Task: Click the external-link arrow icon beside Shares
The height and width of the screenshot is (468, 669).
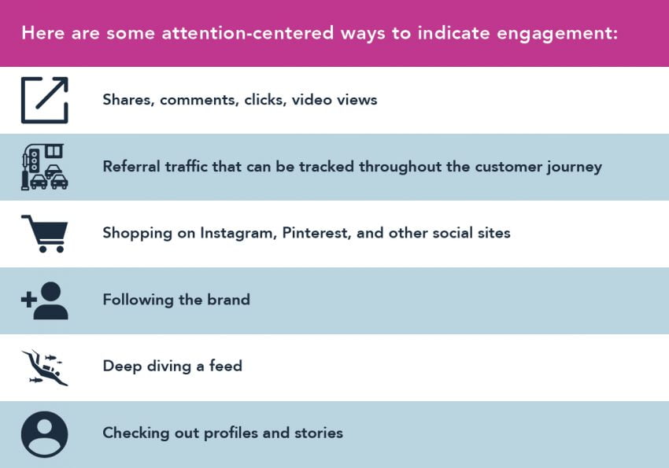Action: pos(44,100)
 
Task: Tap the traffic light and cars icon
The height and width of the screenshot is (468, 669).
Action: pos(44,167)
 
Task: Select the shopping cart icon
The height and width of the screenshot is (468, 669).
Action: pos(44,234)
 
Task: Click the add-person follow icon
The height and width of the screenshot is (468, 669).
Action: pos(44,300)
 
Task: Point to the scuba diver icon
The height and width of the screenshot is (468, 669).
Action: pos(44,367)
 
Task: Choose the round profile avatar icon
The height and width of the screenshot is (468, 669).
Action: pos(44,433)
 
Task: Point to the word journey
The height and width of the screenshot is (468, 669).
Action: pos(574,167)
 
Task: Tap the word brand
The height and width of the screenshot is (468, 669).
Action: pos(228,300)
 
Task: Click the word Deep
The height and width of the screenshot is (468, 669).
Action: pos(120,367)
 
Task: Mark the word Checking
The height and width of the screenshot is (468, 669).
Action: pos(134,433)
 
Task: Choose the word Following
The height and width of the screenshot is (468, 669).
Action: pos(137,300)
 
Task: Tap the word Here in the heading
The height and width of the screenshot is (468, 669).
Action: pos(41,34)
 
